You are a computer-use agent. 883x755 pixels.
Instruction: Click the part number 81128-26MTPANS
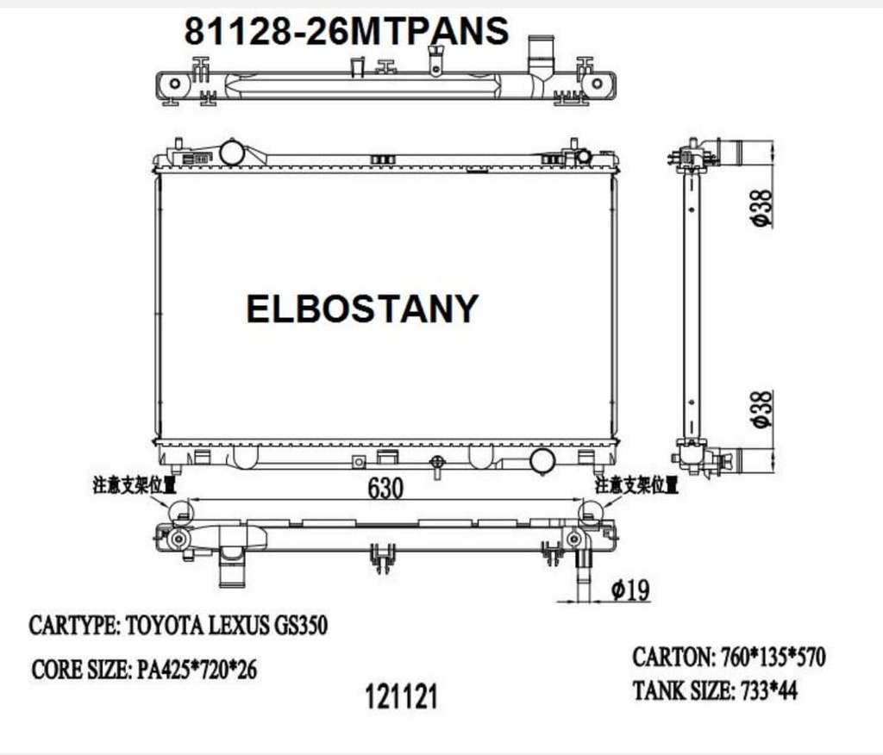[x=346, y=32]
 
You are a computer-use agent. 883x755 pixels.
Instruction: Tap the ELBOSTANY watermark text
[x=362, y=309]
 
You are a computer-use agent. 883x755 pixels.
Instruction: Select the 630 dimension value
[x=385, y=488]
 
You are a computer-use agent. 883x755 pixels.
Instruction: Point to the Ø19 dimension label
[x=629, y=590]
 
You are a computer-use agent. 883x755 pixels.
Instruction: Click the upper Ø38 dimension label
[x=761, y=208]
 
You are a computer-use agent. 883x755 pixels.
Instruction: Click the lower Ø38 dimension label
[x=761, y=409]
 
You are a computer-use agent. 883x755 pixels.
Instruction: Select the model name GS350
[x=299, y=626]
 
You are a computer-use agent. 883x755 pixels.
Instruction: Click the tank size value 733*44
[x=766, y=691]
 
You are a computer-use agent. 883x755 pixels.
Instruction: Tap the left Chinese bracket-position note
[x=135, y=485]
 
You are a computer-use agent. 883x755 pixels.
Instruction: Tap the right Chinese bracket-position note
[x=636, y=485]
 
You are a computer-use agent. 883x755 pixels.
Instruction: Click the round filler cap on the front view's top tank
[x=233, y=153]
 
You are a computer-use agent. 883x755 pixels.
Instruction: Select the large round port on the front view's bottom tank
[x=542, y=460]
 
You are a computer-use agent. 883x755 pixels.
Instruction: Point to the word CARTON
[x=672, y=658]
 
